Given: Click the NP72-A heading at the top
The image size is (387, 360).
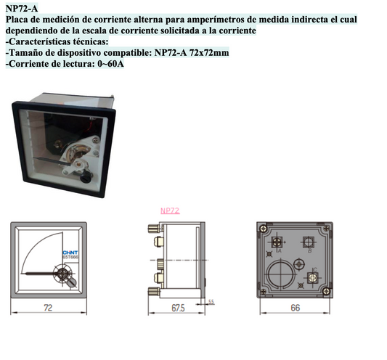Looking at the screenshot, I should (x=22, y=8).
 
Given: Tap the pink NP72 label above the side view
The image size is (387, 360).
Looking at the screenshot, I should (x=169, y=210).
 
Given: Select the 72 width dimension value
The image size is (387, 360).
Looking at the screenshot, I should (x=48, y=308).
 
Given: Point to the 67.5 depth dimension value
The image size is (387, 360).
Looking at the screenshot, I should (x=178, y=308).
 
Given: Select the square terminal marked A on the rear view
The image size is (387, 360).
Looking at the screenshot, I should (x=277, y=242).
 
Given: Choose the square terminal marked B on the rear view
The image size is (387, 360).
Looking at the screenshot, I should (x=310, y=242).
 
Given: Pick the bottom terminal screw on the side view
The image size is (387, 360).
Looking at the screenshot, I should (x=153, y=290).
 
